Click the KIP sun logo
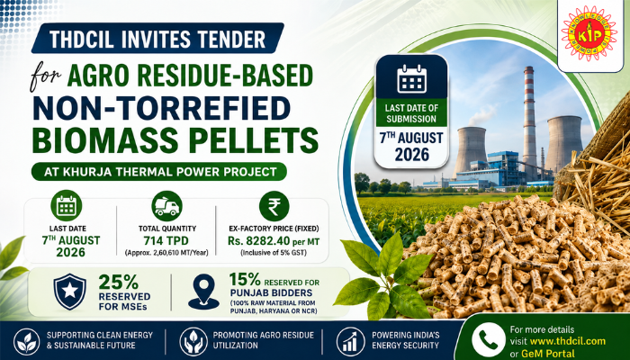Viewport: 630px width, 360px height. (x=589, y=33)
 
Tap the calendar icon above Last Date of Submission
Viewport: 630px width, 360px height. (x=411, y=78)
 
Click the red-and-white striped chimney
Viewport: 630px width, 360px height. (x=529, y=120)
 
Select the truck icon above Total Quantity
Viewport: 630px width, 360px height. (x=166, y=206)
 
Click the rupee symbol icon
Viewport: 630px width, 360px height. (x=274, y=206)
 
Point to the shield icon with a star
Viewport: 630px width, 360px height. (x=69, y=292)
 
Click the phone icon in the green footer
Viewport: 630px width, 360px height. (x=489, y=339)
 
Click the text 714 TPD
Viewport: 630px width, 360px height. (x=166, y=241)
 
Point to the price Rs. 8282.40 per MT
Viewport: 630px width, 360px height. (x=274, y=241)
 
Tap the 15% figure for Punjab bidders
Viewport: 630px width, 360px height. (x=246, y=279)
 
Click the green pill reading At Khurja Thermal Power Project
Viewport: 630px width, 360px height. (x=159, y=172)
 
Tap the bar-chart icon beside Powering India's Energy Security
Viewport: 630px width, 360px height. (x=350, y=341)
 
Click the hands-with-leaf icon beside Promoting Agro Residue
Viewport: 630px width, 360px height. (x=193, y=341)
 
